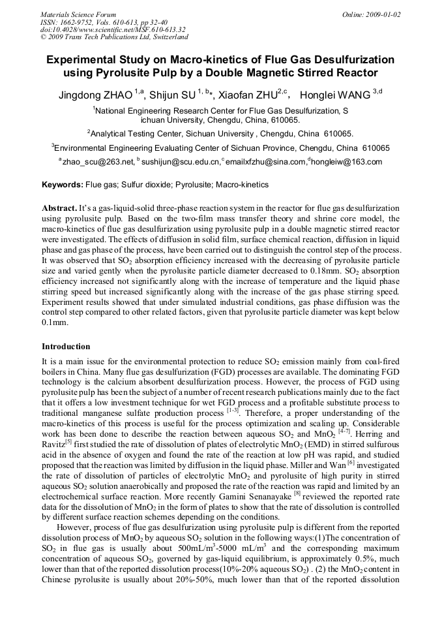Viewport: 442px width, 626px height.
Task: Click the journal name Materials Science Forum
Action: (x=78, y=14)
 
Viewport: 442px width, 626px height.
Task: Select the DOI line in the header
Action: (x=112, y=29)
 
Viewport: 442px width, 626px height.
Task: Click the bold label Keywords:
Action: (x=63, y=185)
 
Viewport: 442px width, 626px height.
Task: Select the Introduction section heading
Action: (x=66, y=347)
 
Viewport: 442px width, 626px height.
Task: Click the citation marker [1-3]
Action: (x=233, y=411)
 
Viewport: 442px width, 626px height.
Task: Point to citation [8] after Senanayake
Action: (x=297, y=494)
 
